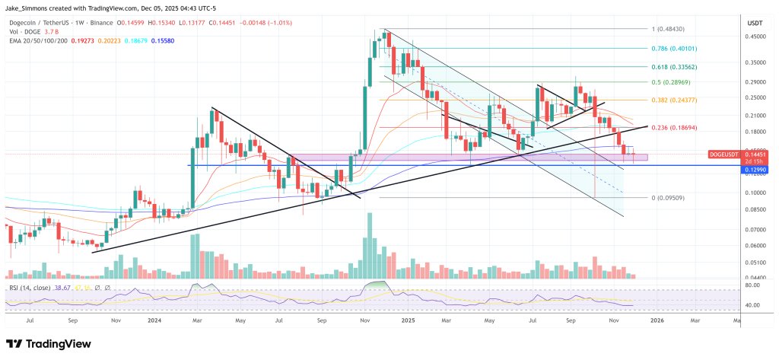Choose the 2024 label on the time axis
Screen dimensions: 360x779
[155, 321]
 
